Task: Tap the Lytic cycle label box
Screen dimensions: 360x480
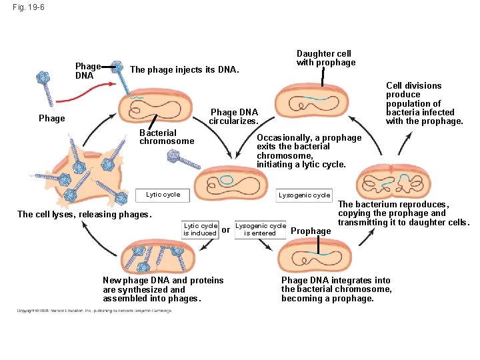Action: point(163,195)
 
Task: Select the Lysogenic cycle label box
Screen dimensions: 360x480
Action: point(304,195)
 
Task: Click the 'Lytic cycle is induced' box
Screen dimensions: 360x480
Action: point(200,229)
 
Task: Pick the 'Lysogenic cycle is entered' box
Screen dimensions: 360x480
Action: point(260,229)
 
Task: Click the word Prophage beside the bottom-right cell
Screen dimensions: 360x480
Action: point(311,231)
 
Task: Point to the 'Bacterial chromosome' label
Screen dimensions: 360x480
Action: point(167,137)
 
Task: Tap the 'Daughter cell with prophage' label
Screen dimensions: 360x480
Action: point(326,58)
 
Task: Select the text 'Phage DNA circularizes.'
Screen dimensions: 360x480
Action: point(233,117)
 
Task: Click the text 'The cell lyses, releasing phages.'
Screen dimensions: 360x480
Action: point(85,214)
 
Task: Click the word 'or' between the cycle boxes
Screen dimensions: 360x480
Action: point(226,229)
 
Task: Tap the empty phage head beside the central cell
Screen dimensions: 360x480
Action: point(175,156)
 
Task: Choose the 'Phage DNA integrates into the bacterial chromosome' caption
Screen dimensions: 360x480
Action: point(336,289)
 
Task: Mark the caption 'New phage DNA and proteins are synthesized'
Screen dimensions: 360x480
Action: point(163,289)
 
